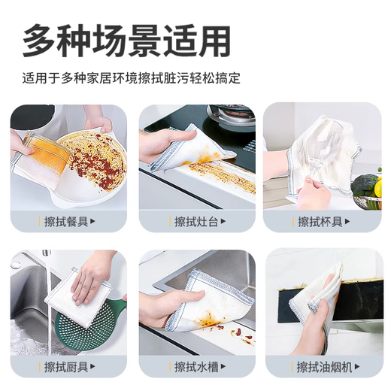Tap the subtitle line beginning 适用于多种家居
[136, 78]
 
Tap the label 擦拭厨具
[65, 366]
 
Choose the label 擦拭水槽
[192, 366]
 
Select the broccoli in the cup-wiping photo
[366, 184]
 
